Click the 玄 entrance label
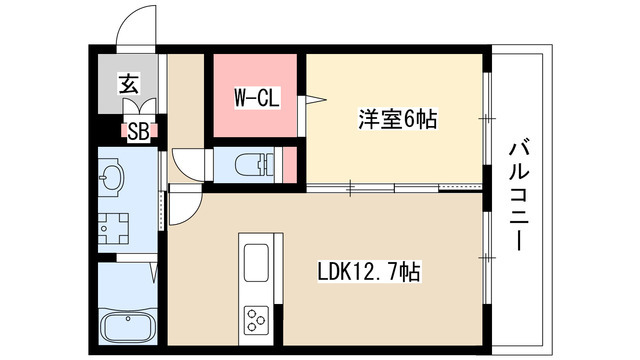click(129, 84)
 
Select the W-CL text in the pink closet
click(256, 98)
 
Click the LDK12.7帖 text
click(369, 272)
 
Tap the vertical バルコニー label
click(519, 196)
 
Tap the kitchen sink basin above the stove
click(253, 265)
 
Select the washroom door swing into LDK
click(184, 204)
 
